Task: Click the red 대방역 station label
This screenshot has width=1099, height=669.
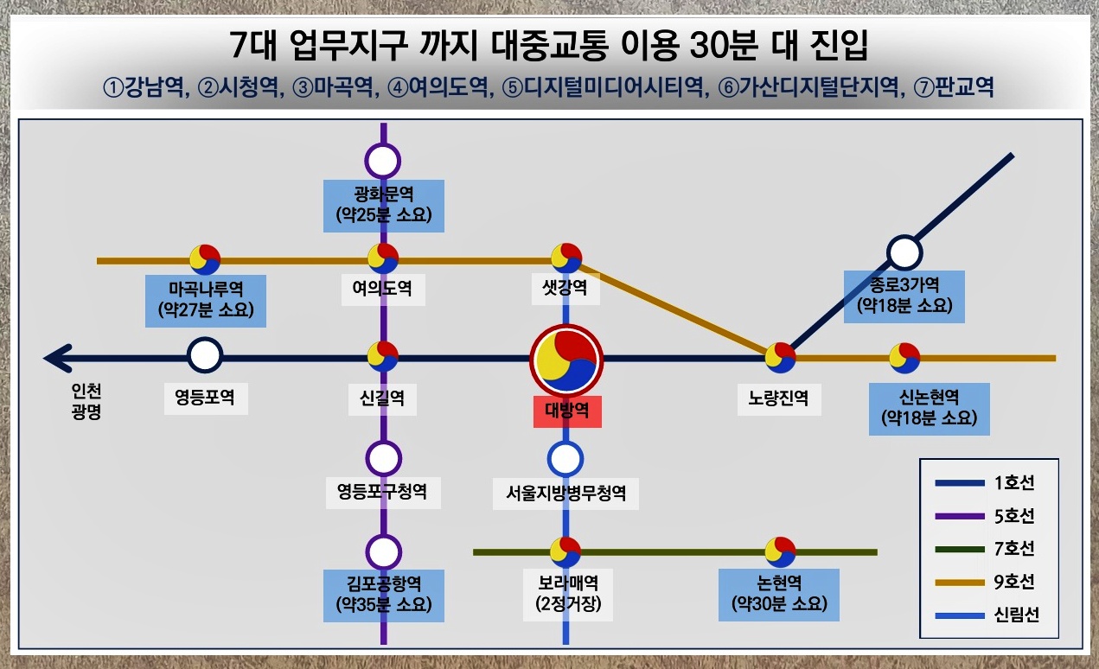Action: tap(566, 410)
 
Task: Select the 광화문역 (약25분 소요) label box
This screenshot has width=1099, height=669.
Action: tap(383, 205)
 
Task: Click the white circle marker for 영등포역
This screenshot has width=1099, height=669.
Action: tap(205, 355)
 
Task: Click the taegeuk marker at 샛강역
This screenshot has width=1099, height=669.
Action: tap(566, 258)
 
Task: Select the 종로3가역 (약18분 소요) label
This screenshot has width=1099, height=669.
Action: tap(904, 295)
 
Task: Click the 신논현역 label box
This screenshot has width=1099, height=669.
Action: tap(929, 409)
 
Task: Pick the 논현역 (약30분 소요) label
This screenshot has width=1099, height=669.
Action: tap(779, 594)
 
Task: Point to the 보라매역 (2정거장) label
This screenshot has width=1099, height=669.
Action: tap(566, 594)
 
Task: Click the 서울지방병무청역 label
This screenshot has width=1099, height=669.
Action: tap(566, 494)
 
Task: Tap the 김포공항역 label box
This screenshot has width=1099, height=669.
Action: tap(383, 594)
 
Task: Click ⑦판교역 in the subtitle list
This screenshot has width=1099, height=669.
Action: tap(959, 89)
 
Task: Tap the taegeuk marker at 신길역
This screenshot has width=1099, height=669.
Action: tap(383, 356)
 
